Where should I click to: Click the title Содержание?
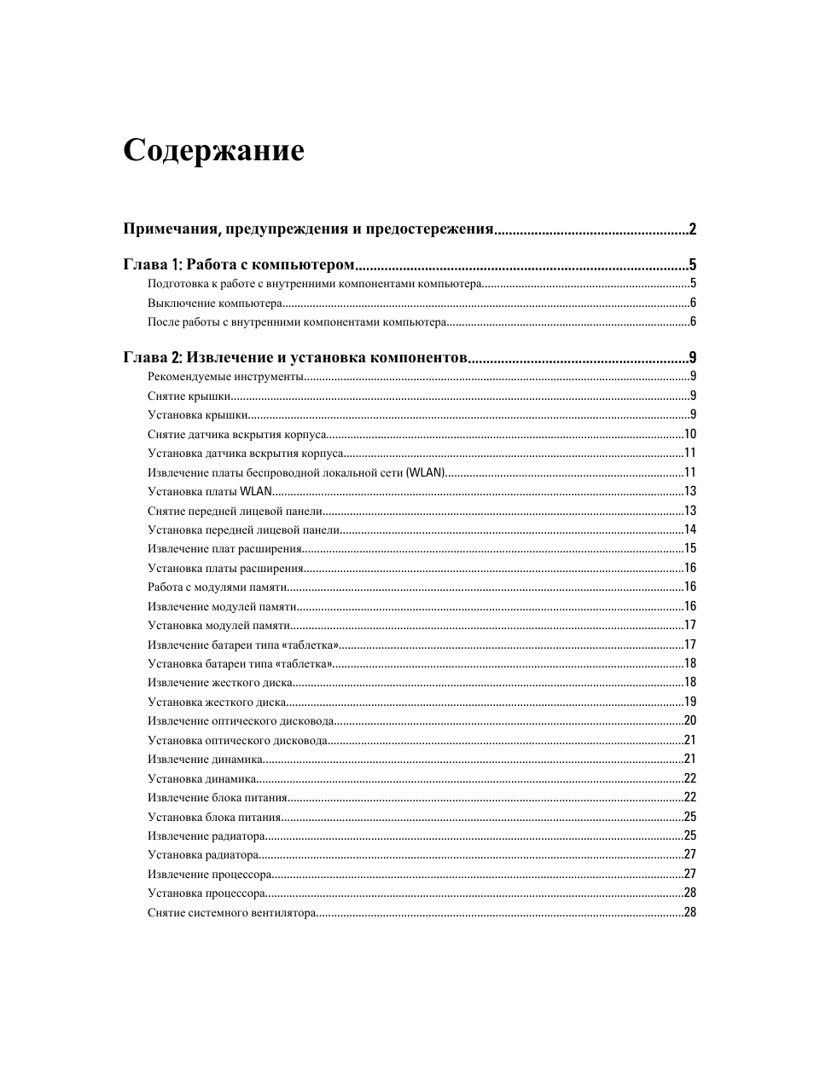213,150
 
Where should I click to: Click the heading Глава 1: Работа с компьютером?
238,264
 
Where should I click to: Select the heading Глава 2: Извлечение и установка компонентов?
294,358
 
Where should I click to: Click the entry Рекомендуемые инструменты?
225,377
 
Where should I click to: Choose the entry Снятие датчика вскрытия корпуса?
237,434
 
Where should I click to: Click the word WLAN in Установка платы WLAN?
256,491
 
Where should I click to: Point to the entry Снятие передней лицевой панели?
235,511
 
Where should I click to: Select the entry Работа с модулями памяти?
217,587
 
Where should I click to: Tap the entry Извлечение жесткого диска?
220,682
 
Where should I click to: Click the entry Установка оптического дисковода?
237,740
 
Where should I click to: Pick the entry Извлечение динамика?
205,759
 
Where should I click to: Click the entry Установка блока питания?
214,817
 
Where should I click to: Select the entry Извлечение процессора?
210,874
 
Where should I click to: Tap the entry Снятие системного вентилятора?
231,912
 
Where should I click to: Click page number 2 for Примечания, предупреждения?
693,228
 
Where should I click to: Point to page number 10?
689,434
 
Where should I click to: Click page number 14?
689,529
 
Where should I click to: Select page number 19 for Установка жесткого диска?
689,702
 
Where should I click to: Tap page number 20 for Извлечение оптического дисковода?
689,720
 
